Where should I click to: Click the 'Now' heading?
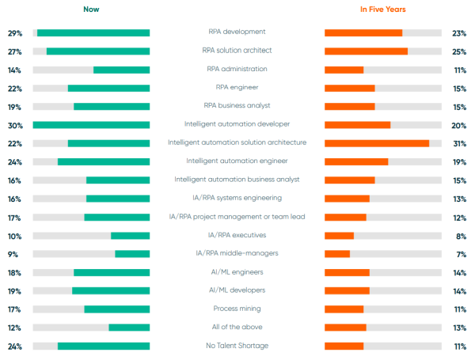click(x=91, y=9)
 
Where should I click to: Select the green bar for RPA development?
click(x=93, y=32)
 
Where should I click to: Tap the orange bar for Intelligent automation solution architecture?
click(x=377, y=143)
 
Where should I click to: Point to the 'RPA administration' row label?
click(x=237, y=69)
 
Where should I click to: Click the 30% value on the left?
click(x=14, y=125)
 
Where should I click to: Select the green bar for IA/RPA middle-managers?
click(x=132, y=254)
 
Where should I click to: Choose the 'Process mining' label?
click(x=237, y=309)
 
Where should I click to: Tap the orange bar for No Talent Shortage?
click(x=344, y=346)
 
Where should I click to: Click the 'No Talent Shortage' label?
click(x=237, y=346)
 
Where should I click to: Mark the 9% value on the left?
click(x=14, y=254)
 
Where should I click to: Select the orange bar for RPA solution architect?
click(x=366, y=51)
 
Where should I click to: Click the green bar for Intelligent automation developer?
click(x=91, y=125)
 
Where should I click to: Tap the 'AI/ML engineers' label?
click(x=237, y=272)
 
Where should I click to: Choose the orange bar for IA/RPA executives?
click(x=339, y=235)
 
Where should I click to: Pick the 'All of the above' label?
click(x=237, y=327)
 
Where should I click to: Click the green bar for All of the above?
click(x=129, y=328)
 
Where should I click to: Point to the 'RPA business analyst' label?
click(x=237, y=106)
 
